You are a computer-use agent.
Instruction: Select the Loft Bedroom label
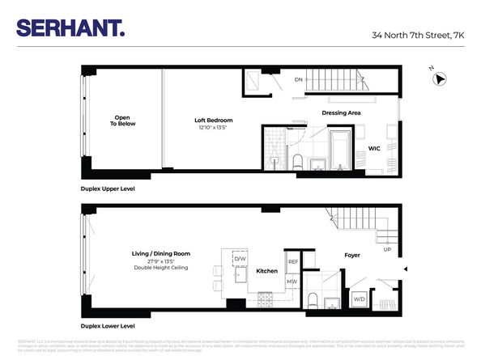213,121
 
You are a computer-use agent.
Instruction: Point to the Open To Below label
123,121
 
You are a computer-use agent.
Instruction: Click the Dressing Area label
340,112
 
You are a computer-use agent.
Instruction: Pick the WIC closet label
374,149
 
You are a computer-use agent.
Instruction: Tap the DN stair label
298,79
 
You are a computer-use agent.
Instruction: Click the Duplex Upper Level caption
108,188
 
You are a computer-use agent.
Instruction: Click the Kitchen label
267,271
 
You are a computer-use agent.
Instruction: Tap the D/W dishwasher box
240,258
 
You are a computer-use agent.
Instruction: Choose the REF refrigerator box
293,262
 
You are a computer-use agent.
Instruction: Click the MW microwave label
292,282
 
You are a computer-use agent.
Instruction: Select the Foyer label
351,255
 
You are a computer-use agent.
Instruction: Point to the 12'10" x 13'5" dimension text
213,128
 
